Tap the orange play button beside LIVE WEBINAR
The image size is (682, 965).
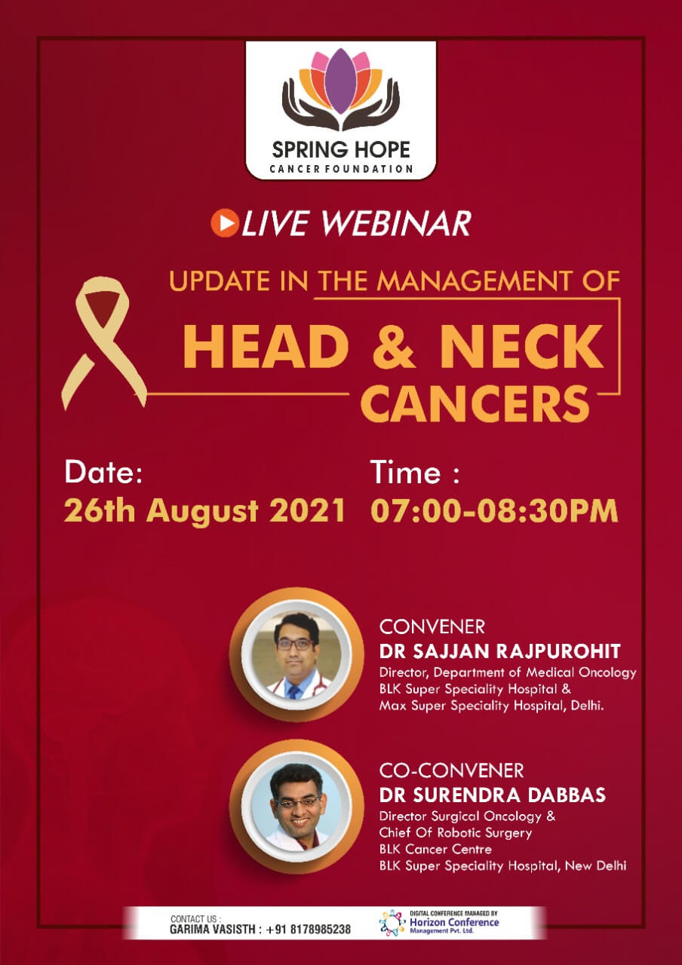(x=225, y=222)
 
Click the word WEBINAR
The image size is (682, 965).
(x=397, y=223)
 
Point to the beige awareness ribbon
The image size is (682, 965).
(x=103, y=342)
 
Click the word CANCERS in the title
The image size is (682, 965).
(x=475, y=403)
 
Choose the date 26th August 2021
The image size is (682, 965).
(x=204, y=511)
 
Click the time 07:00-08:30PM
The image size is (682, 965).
(x=494, y=511)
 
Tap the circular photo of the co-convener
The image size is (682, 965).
(x=296, y=807)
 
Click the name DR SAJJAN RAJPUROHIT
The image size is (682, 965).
(x=499, y=651)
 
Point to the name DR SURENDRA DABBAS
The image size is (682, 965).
(x=493, y=795)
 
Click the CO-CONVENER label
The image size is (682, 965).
(x=451, y=770)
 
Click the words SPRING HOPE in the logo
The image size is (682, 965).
(x=341, y=149)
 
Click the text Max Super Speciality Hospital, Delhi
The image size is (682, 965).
(x=491, y=706)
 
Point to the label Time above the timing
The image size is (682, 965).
(x=407, y=473)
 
